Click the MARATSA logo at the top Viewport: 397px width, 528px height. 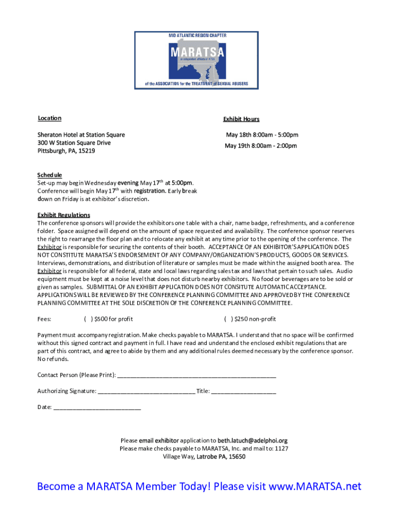(x=196, y=59)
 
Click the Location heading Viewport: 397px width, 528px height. (x=49, y=119)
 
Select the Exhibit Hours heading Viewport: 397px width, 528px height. (x=241, y=119)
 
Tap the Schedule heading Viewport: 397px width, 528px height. (x=49, y=175)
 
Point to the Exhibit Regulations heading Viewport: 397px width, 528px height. (x=63, y=215)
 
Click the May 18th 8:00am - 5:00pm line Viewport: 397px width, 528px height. (x=261, y=135)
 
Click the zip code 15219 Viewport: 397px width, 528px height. (x=87, y=151)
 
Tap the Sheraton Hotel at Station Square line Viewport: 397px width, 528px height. (x=81, y=135)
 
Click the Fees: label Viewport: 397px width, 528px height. (x=44, y=319)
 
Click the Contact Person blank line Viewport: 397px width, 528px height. (x=196, y=375)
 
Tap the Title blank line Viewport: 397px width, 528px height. (x=243, y=391)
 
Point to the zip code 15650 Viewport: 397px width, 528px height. (x=237, y=456)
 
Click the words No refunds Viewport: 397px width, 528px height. (x=53, y=359)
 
